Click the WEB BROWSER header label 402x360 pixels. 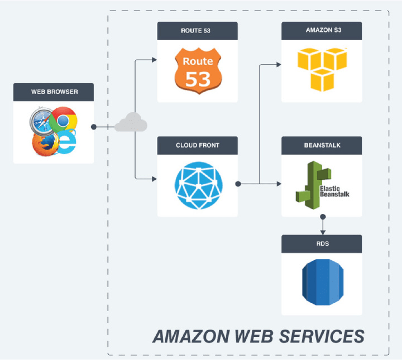point(54,92)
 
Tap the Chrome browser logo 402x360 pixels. point(63,120)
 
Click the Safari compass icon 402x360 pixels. point(42,123)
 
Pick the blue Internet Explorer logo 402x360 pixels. point(67,142)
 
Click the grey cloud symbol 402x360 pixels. point(131,123)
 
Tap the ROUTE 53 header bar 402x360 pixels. point(197,31)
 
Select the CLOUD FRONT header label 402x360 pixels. point(197,145)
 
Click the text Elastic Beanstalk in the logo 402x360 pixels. point(334,191)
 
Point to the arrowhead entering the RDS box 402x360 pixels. point(323,232)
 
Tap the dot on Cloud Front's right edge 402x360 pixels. point(238,183)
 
